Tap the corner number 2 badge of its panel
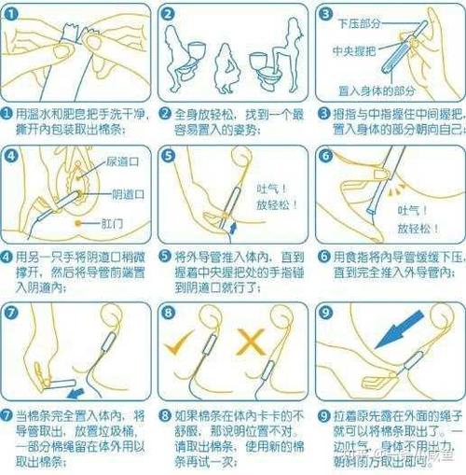point(168,15)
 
